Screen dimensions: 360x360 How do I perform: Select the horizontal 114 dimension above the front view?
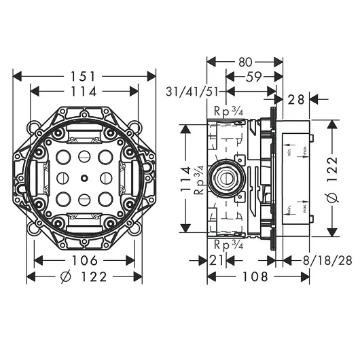pyautogui.click(x=85, y=91)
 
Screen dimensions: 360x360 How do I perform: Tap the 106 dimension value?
pyautogui.click(x=84, y=262)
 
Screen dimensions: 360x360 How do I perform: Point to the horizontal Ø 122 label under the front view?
pyautogui.click(x=84, y=277)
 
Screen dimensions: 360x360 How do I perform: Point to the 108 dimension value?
pyautogui.click(x=246, y=277)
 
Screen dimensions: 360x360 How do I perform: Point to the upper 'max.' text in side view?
pyautogui.click(x=305, y=151)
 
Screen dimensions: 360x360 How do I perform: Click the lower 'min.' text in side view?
pyautogui.click(x=288, y=207)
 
